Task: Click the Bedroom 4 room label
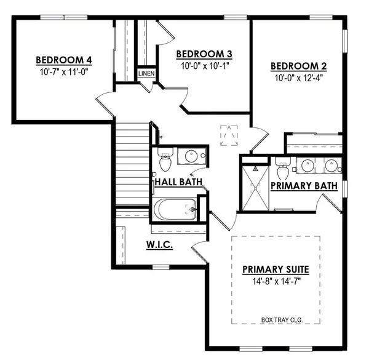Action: pos(64,60)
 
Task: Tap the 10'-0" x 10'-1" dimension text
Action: pos(205,66)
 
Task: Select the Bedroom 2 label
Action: pos(299,66)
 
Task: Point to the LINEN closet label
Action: pos(146,73)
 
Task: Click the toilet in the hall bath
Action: pos(165,159)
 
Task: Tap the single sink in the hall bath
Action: pos(191,156)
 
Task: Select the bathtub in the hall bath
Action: pos(175,209)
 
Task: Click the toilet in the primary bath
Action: pos(283,167)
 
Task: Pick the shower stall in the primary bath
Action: pos(255,188)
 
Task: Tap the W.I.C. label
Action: pos(159,245)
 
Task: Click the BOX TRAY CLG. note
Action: pos(282,320)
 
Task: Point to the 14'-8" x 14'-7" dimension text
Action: pos(277,281)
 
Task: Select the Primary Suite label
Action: pos(276,270)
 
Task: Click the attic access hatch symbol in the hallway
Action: pos(229,135)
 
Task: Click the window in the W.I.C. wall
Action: pos(161,267)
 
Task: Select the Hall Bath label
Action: pos(178,182)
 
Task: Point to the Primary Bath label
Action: pos(304,186)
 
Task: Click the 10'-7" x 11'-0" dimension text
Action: pos(64,72)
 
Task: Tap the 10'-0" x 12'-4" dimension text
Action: pos(299,78)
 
